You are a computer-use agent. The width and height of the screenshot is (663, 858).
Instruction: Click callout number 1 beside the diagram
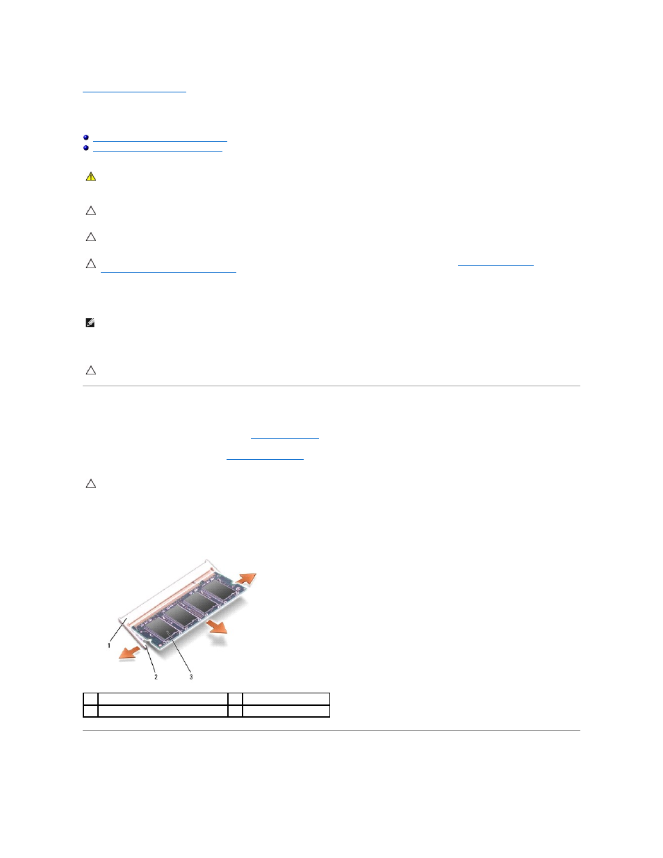click(109, 645)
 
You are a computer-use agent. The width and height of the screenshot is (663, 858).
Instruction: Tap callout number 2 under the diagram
click(156, 677)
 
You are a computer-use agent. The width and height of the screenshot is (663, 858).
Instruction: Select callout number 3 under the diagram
click(191, 677)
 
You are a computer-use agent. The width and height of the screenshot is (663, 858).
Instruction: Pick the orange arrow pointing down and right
click(218, 626)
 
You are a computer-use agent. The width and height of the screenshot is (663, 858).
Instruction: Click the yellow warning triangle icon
click(91, 176)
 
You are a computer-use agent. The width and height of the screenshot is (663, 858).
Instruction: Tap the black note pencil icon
click(90, 323)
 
